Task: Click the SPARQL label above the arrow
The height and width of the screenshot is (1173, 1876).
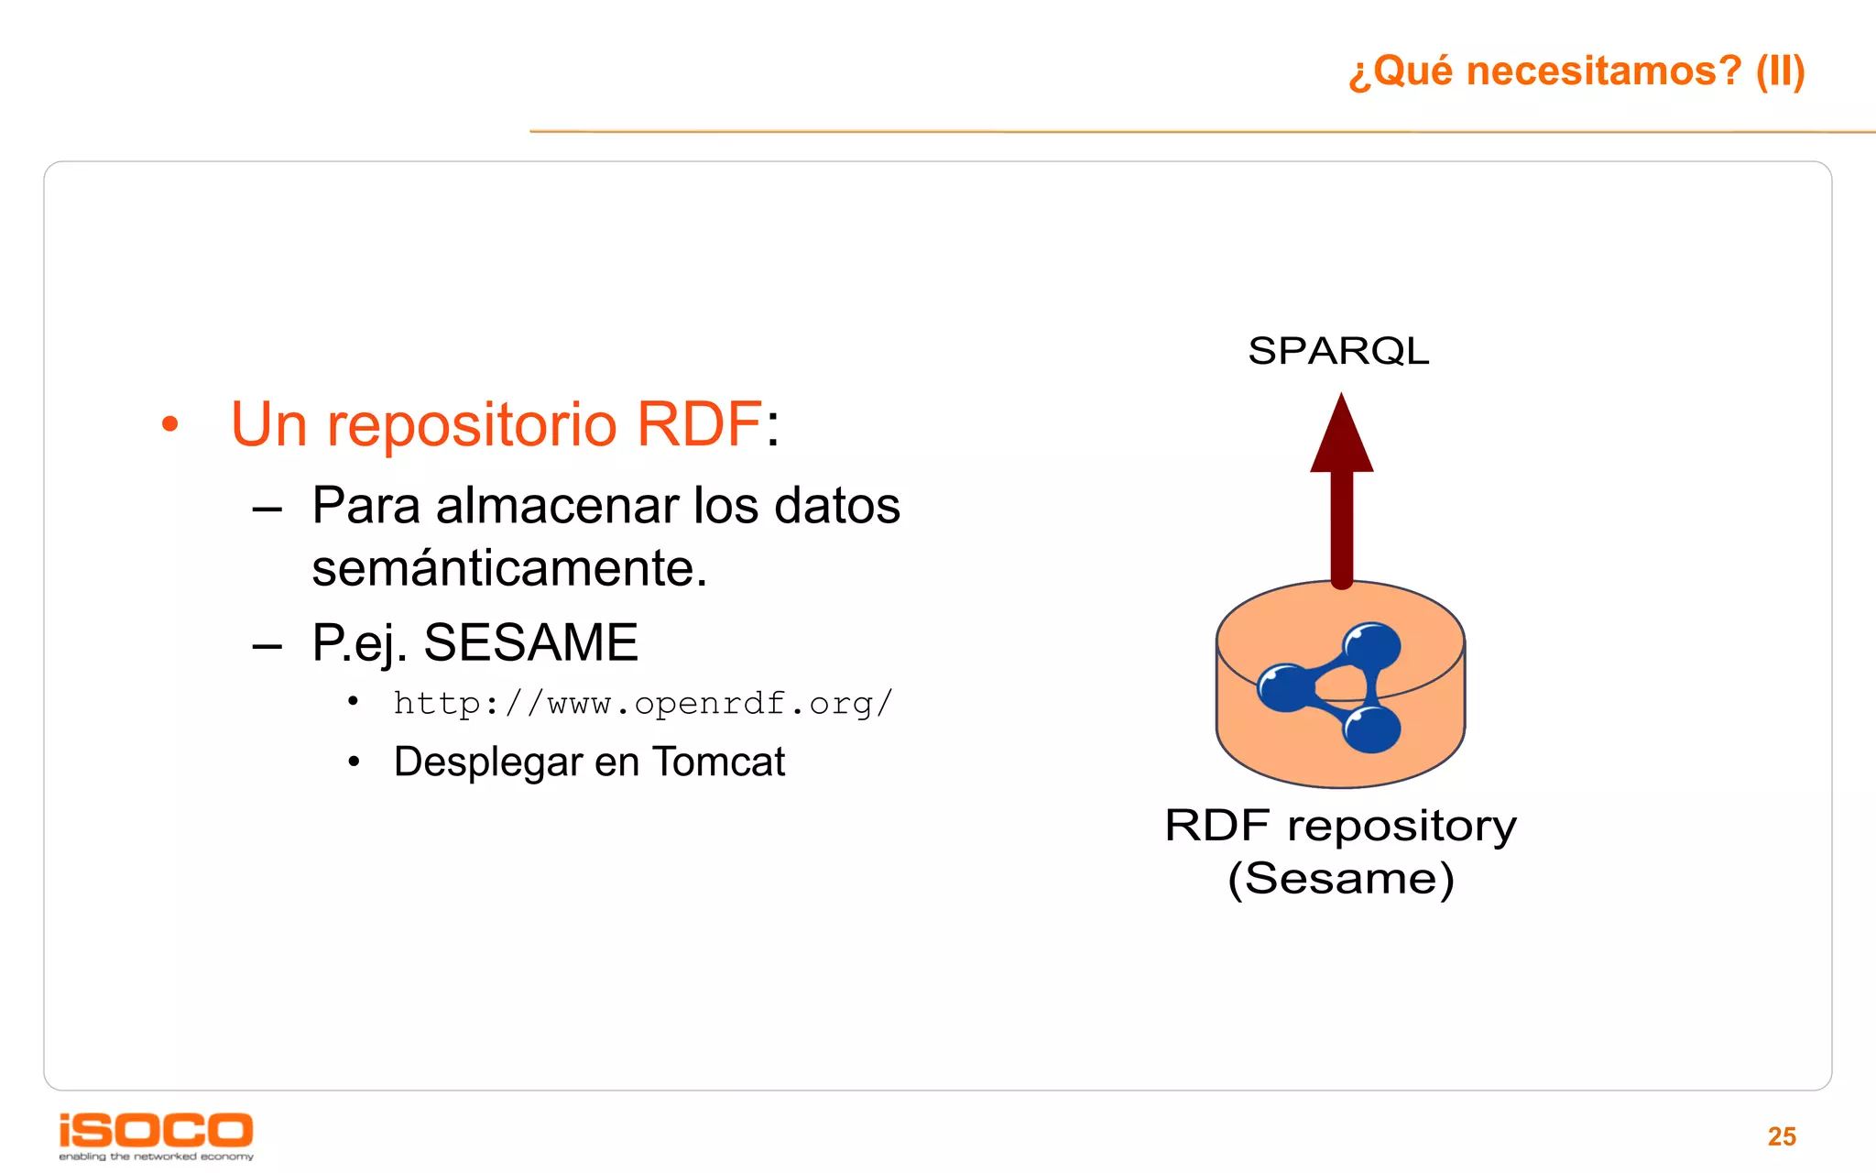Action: click(1338, 351)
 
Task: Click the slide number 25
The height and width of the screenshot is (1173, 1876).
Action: click(1781, 1136)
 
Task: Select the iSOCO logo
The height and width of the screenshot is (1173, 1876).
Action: click(156, 1135)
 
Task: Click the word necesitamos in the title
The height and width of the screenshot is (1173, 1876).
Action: click(1603, 71)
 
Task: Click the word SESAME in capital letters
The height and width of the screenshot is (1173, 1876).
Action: click(530, 642)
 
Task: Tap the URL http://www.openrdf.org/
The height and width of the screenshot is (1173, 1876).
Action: click(642, 704)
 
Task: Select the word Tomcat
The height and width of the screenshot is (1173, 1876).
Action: click(719, 762)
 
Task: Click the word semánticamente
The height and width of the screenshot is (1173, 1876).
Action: click(509, 568)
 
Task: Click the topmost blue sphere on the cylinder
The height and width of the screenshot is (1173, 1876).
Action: click(1371, 646)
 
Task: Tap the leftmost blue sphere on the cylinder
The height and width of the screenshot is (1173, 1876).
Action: click(1286, 687)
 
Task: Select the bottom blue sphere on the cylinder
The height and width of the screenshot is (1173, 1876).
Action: click(1371, 729)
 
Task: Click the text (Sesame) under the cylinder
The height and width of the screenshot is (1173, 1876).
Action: click(1340, 879)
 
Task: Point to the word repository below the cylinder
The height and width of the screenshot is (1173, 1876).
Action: click(1402, 827)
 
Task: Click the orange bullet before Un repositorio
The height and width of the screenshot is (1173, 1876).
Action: click(169, 425)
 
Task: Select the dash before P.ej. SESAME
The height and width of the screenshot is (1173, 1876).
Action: click(267, 645)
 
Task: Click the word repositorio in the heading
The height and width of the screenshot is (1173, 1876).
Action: click(472, 426)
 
